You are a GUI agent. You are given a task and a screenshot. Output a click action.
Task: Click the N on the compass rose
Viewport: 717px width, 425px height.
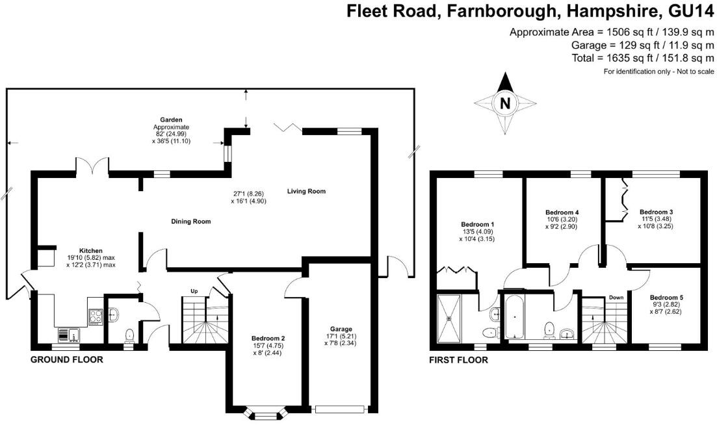505,103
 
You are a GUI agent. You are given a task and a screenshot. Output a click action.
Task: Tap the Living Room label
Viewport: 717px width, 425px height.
306,191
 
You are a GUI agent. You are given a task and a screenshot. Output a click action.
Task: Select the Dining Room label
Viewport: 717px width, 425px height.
191,222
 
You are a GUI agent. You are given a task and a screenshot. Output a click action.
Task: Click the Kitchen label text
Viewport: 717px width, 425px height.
90,250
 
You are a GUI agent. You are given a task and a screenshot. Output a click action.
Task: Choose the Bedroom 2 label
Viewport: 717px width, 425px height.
268,338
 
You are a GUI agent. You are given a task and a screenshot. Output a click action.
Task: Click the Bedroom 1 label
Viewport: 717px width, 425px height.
477,224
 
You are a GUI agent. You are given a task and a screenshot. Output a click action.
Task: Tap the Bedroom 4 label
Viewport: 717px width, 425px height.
562,212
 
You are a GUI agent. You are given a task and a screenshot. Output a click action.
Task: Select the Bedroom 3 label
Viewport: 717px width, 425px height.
656,212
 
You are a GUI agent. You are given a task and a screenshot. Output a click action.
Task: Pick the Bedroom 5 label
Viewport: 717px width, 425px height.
666,297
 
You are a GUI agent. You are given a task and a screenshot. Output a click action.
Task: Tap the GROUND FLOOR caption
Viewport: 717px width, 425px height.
66,359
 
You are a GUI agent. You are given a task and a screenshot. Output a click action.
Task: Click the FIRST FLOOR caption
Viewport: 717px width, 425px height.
458,360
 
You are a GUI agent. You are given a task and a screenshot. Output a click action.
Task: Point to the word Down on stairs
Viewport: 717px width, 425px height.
616,298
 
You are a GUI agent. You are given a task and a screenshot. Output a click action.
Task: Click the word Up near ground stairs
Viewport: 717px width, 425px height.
193,290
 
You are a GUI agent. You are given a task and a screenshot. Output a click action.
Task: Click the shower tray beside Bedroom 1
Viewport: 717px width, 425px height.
449,318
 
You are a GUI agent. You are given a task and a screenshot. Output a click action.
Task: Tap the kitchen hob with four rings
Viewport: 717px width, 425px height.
95,315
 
